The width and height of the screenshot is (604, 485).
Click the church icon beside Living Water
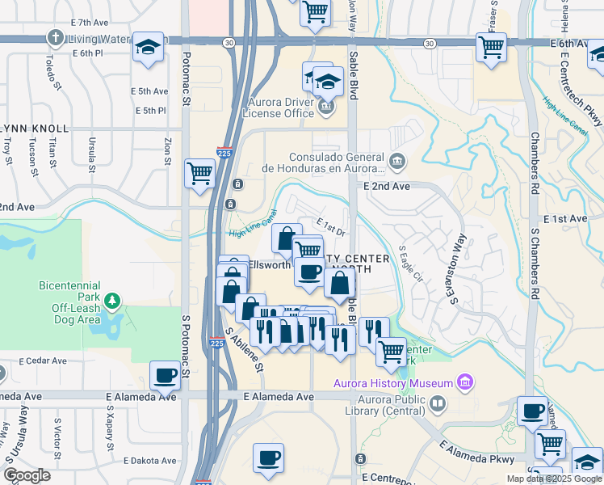55,37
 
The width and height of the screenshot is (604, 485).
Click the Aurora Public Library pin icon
437,402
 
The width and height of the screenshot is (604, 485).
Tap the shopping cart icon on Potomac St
199,172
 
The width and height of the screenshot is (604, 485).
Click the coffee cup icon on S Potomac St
166,375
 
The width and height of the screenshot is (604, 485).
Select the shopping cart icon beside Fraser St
491,48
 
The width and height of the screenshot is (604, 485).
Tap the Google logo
27,474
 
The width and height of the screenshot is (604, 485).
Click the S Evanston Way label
459,270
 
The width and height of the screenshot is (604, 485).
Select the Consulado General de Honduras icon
397,162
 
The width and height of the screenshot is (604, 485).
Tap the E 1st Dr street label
331,227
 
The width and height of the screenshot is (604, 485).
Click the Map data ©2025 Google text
553,479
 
